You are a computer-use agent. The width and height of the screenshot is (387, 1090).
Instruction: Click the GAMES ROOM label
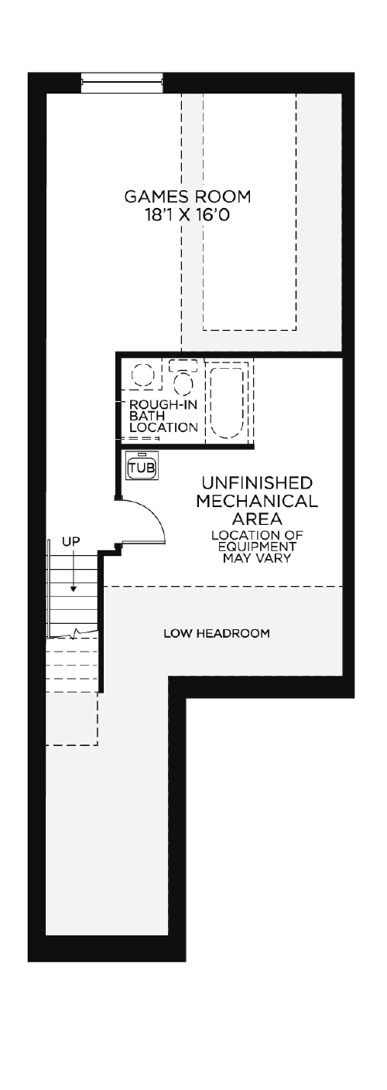[x=187, y=196]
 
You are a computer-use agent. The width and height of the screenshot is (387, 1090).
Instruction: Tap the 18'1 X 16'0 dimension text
[x=187, y=215]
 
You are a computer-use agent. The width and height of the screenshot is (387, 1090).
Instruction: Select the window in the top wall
[x=121, y=82]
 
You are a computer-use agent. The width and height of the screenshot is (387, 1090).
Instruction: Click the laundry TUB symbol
[x=142, y=467]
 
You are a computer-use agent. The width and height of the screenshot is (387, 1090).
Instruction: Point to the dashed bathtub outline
[x=226, y=402]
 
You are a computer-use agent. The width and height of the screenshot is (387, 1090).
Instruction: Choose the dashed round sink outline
[x=143, y=375]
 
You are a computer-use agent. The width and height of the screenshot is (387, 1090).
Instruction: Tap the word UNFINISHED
[x=257, y=483]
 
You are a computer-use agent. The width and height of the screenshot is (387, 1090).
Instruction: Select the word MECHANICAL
[x=257, y=501]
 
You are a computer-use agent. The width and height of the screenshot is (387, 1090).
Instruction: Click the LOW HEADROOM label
[x=217, y=634]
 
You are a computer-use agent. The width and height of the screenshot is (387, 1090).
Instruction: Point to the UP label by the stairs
[x=70, y=540]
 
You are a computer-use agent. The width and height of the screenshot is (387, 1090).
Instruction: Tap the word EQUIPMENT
[x=257, y=547]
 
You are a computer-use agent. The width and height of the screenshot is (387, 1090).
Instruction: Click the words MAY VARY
[x=257, y=557]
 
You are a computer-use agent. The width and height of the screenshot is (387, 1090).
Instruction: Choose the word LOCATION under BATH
[x=163, y=427]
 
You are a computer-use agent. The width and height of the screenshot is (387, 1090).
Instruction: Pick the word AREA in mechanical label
[x=257, y=518]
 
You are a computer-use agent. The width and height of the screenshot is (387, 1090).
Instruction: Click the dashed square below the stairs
[x=72, y=718]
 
